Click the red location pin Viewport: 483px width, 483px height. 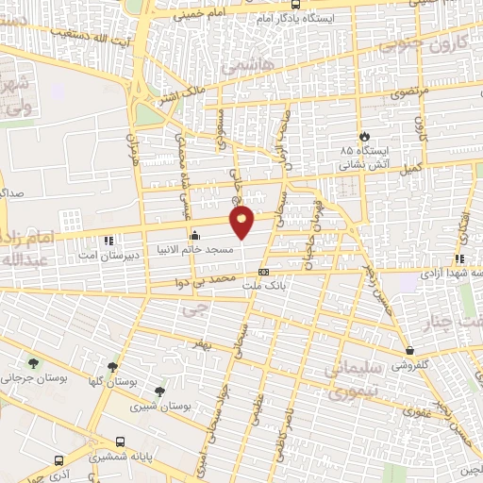242,221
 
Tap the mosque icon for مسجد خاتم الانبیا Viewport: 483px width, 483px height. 195,235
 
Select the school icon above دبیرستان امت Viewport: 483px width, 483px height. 109,241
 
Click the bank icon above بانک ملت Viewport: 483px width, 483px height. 262,271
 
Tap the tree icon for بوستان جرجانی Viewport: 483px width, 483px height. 35,363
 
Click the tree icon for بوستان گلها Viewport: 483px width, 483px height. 112,367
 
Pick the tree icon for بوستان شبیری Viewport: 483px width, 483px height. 158,390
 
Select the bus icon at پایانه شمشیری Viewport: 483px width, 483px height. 120,441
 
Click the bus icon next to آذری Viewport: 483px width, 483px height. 59,461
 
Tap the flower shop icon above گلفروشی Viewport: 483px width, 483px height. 408,350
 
